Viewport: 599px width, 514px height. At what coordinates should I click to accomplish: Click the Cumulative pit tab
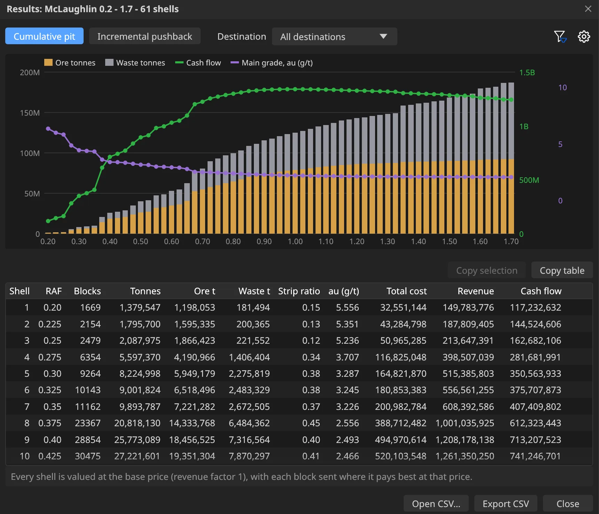(44, 36)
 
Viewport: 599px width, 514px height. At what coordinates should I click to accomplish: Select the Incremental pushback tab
(145, 36)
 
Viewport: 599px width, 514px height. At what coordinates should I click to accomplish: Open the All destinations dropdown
(334, 36)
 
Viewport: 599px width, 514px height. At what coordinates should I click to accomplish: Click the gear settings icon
(584, 36)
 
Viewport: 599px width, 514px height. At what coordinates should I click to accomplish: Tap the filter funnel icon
(560, 36)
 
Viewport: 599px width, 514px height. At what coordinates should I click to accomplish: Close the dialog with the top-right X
(588, 9)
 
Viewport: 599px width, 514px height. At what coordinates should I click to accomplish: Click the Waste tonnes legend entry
(135, 63)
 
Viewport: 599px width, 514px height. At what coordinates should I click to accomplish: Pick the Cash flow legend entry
(198, 63)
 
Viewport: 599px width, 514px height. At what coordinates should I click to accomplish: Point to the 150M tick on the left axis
(30, 113)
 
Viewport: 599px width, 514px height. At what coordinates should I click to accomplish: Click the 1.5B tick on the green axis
(527, 72)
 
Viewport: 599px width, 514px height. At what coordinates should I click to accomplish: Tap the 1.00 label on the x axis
(295, 241)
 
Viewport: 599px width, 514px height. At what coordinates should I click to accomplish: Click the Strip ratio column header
(299, 291)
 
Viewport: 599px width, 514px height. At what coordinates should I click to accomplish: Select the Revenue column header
(476, 291)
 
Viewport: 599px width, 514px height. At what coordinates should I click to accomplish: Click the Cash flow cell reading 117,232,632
(536, 307)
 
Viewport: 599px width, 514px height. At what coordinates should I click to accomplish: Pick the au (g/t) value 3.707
(348, 357)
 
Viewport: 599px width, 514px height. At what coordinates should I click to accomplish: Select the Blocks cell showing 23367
(88, 423)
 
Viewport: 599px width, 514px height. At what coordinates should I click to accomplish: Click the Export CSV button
(506, 504)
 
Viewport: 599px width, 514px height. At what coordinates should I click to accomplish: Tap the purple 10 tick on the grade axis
(562, 87)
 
